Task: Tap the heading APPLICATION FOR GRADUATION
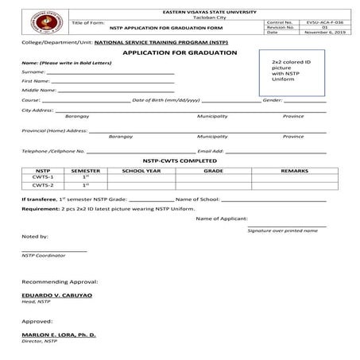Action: (x=180, y=52)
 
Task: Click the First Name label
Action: (x=37, y=81)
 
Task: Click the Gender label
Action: (x=272, y=101)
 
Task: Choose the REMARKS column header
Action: (x=294, y=170)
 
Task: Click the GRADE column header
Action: (x=213, y=170)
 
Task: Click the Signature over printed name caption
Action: (x=282, y=230)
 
